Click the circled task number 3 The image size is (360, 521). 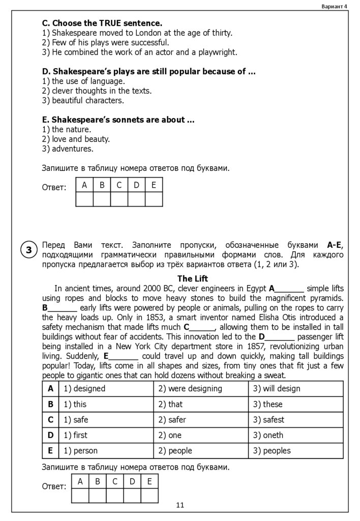29,250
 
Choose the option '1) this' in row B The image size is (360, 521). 75,404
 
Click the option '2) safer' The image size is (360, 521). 172,420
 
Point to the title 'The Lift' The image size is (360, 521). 192,279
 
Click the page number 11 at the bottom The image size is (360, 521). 180,505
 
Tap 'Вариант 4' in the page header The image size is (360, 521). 334,6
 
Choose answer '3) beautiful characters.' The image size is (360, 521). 83,100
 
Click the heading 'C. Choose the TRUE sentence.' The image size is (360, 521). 102,23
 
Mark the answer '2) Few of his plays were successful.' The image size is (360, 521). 106,42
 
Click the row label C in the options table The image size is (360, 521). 50,420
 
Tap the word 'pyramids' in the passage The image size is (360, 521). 325,298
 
